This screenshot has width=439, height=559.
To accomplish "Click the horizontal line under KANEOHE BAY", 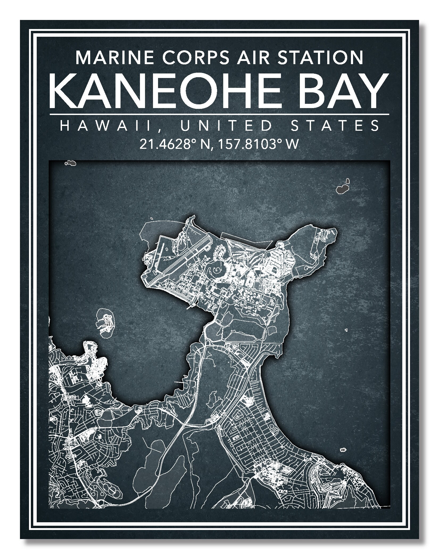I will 219,114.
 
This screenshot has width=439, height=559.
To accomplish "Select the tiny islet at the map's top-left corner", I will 71,163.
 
